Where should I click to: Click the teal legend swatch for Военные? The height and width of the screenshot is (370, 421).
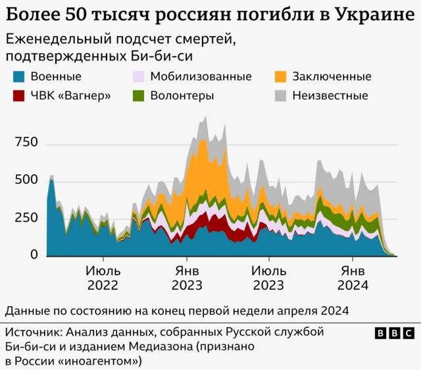(19, 76)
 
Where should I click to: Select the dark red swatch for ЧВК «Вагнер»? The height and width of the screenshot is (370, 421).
(19, 95)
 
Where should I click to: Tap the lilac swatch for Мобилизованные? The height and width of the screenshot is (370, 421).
(138, 76)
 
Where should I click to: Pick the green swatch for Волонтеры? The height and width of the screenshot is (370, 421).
(138, 95)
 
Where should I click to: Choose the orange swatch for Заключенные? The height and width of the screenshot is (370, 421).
(280, 76)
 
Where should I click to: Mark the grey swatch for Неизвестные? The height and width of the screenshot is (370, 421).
(280, 95)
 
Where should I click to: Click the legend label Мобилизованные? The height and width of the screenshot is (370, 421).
(201, 76)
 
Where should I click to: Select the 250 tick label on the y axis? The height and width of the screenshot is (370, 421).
(26, 218)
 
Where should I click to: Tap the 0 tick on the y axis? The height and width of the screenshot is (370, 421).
(34, 255)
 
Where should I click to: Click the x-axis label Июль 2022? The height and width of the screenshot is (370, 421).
(102, 278)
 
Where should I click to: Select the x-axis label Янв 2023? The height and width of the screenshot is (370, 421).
(187, 278)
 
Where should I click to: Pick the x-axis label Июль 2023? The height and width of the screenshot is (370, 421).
(268, 278)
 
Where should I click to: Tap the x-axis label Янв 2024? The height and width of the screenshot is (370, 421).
(353, 278)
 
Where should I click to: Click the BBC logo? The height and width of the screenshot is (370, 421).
(394, 334)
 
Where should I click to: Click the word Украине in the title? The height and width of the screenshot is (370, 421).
(372, 14)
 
